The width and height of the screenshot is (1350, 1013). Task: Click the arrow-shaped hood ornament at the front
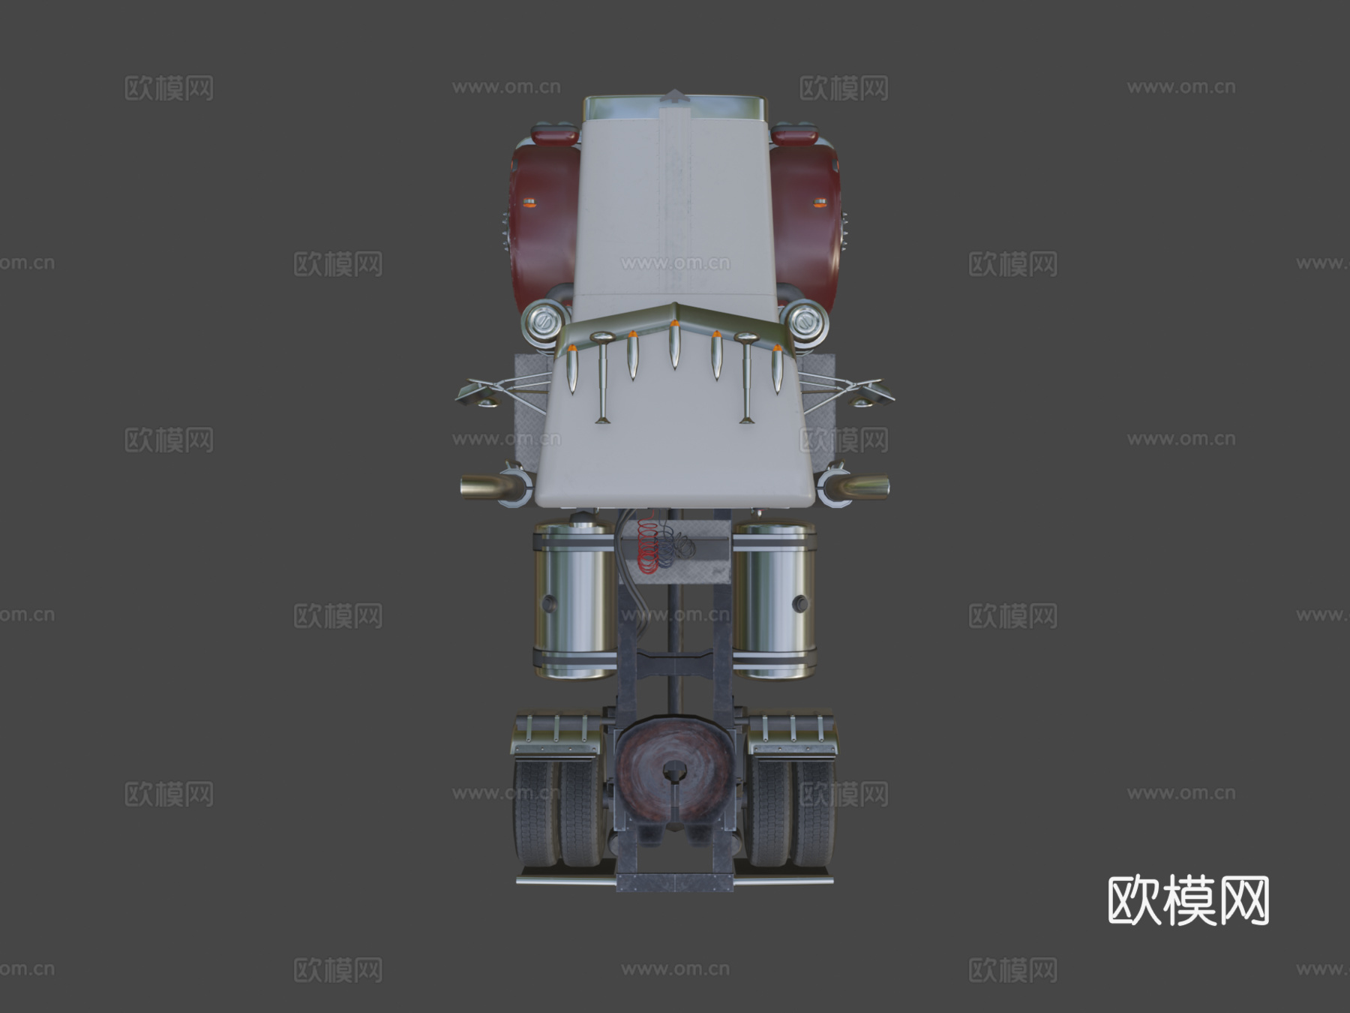point(676,96)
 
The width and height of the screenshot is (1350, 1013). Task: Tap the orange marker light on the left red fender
point(529,202)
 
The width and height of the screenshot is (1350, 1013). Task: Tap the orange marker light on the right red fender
point(820,202)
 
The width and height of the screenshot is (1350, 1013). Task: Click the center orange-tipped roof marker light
point(674,344)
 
